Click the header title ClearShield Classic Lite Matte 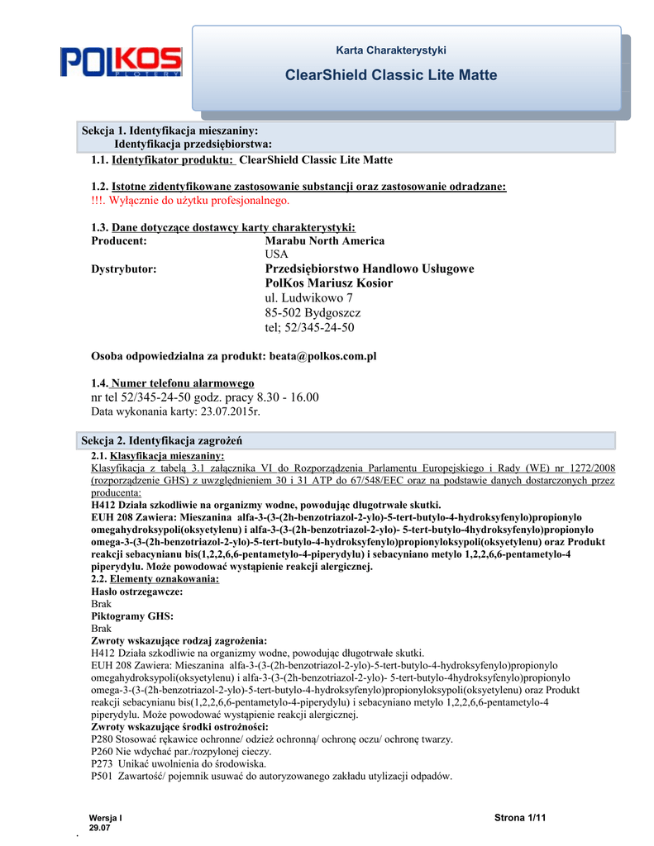coord(390,75)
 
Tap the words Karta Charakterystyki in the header coord(391,50)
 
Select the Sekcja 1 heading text coord(170,131)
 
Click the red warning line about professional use coord(190,201)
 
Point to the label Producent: coord(119,240)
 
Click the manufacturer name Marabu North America coord(324,240)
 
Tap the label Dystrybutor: coord(123,269)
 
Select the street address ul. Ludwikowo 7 coord(308,297)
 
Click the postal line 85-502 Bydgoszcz coord(313,312)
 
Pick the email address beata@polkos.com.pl coord(322,355)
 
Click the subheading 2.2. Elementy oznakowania coord(155,579)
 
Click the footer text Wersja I coord(105,817)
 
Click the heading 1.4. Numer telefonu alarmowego coord(173,383)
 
